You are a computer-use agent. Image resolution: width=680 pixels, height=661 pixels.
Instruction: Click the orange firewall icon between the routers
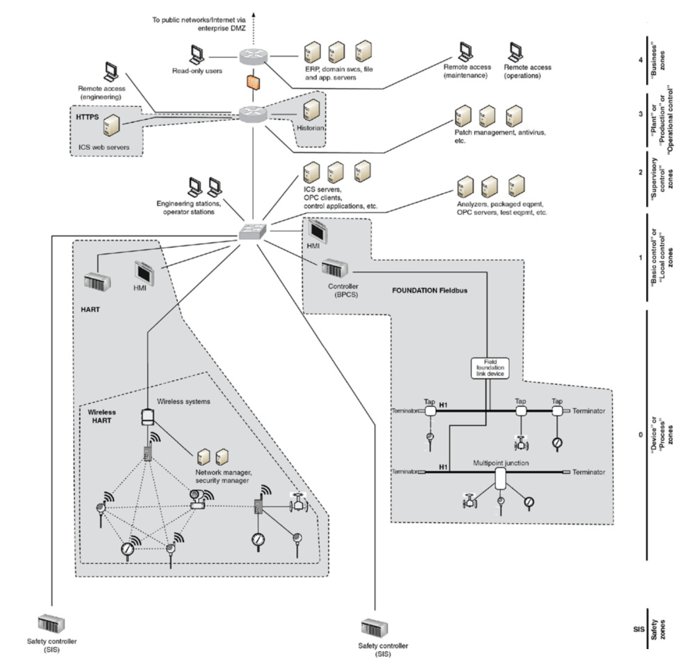(252, 83)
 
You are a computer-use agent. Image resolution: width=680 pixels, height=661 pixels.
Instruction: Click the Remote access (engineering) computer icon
(111, 72)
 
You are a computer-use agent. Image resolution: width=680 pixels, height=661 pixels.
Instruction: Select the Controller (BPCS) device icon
(335, 269)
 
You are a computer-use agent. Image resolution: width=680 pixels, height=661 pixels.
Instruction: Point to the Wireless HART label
(102, 416)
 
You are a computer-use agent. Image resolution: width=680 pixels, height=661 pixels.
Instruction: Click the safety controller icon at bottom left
(51, 623)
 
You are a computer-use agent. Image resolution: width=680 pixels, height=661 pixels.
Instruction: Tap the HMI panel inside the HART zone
(144, 272)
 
